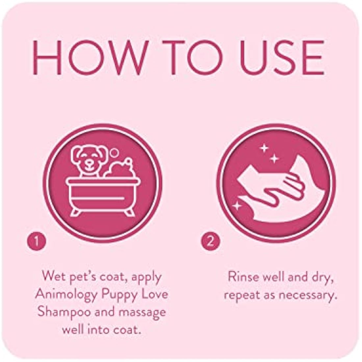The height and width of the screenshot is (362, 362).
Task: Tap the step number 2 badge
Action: click(x=210, y=242)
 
